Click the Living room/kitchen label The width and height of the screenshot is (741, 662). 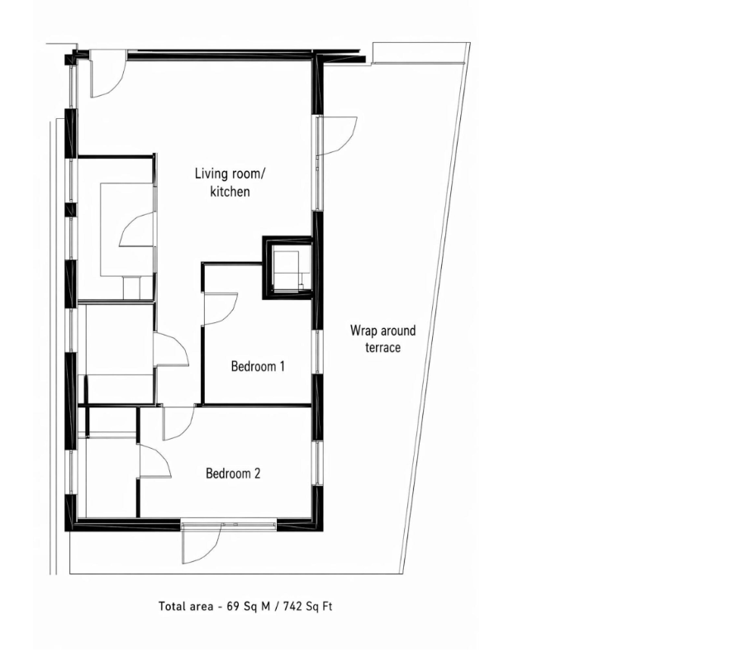(230, 183)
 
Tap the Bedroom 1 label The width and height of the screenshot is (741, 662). (258, 366)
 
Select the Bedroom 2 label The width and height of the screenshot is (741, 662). (233, 474)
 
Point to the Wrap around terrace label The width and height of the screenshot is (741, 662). (382, 339)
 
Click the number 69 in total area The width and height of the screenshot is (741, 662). (234, 606)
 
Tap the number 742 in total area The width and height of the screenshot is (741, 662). (292, 606)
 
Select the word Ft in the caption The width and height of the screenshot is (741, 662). (327, 606)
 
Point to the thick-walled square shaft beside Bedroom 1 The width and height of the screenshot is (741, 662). (287, 267)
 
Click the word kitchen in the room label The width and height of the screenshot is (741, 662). (230, 192)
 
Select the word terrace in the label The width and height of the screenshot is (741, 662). (382, 348)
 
